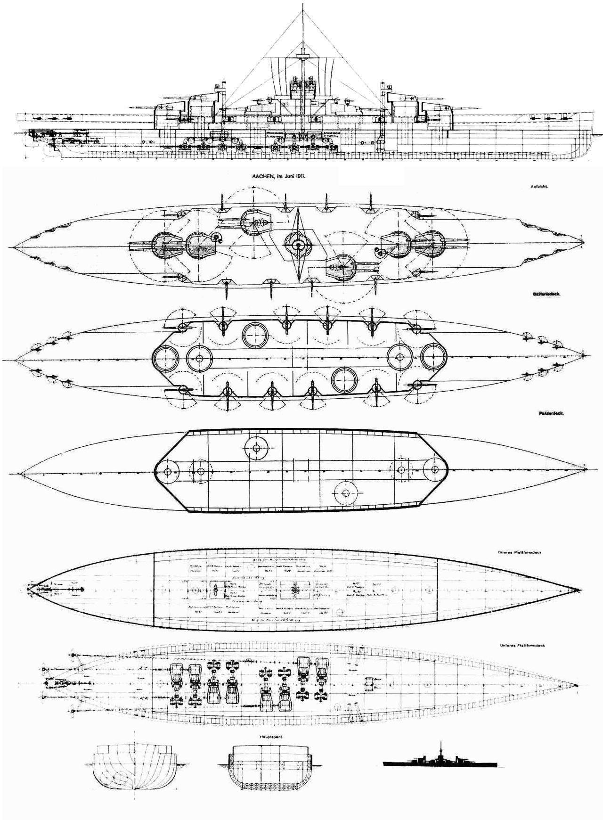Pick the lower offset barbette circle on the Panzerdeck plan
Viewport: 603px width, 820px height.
point(346,493)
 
